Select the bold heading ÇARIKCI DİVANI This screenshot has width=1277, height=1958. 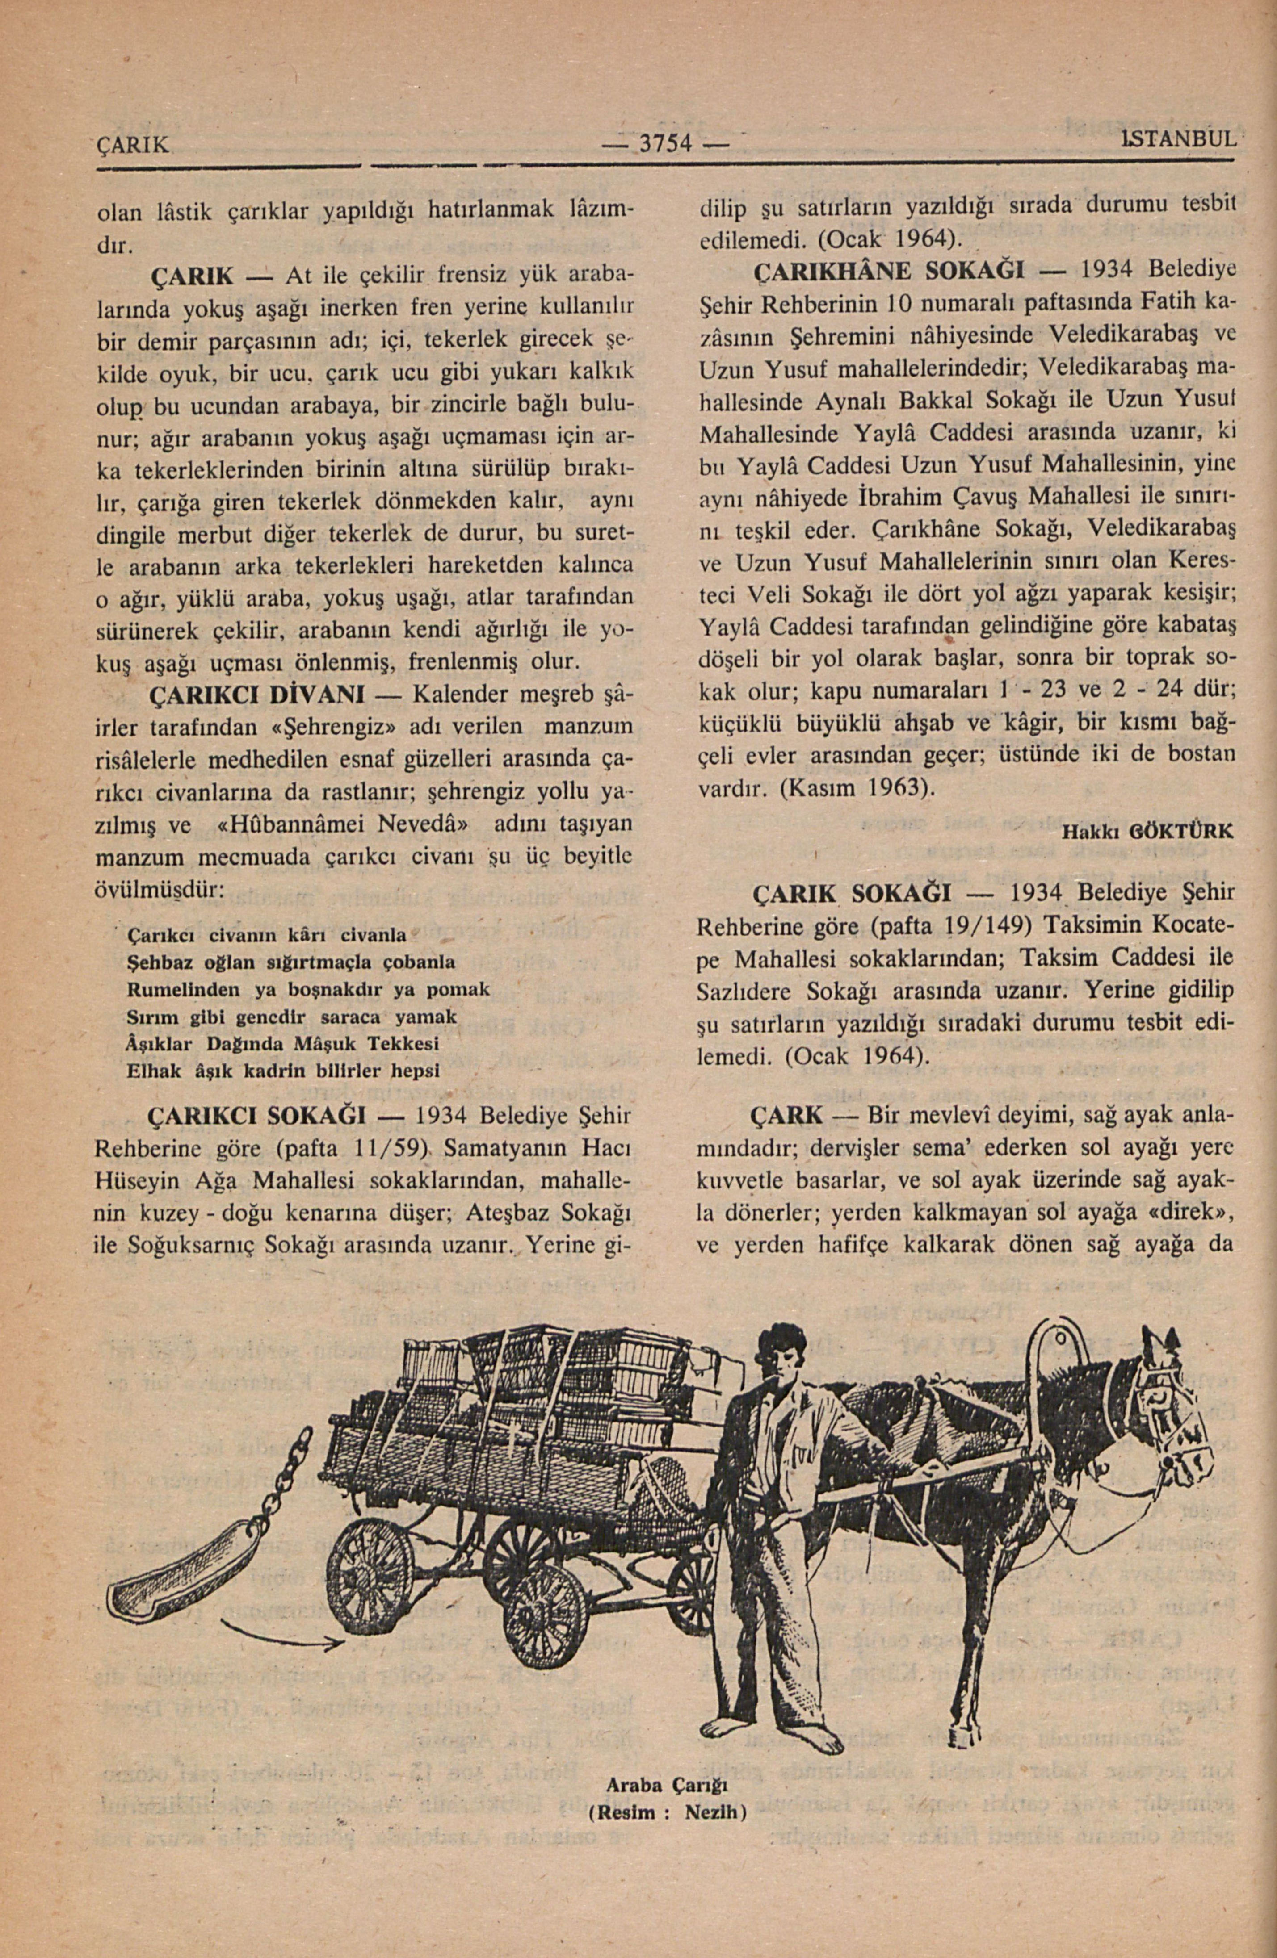255,695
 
